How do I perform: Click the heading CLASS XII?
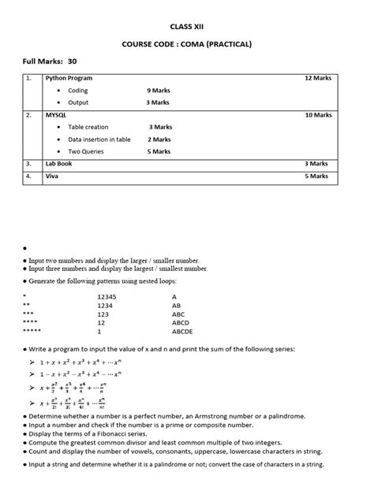187,25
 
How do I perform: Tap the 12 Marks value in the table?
318,79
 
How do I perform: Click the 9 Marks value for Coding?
159,91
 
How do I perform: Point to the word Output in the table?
78,102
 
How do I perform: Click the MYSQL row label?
56,115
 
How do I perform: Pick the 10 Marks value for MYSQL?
318,115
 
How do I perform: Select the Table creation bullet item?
88,127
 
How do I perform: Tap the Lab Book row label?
59,164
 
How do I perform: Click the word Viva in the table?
52,177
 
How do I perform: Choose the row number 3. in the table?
28,164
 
